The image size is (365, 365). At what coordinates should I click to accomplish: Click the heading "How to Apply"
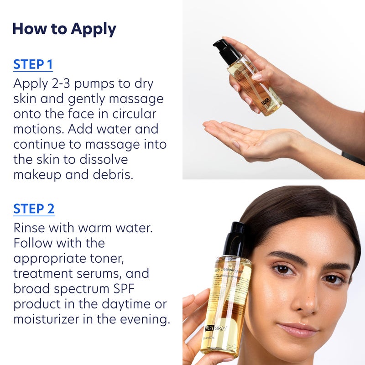(x=64, y=29)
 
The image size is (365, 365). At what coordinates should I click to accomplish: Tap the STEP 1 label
(x=33, y=64)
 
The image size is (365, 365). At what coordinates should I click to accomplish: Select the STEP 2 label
(x=34, y=209)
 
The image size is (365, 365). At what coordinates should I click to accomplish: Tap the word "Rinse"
(x=31, y=228)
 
